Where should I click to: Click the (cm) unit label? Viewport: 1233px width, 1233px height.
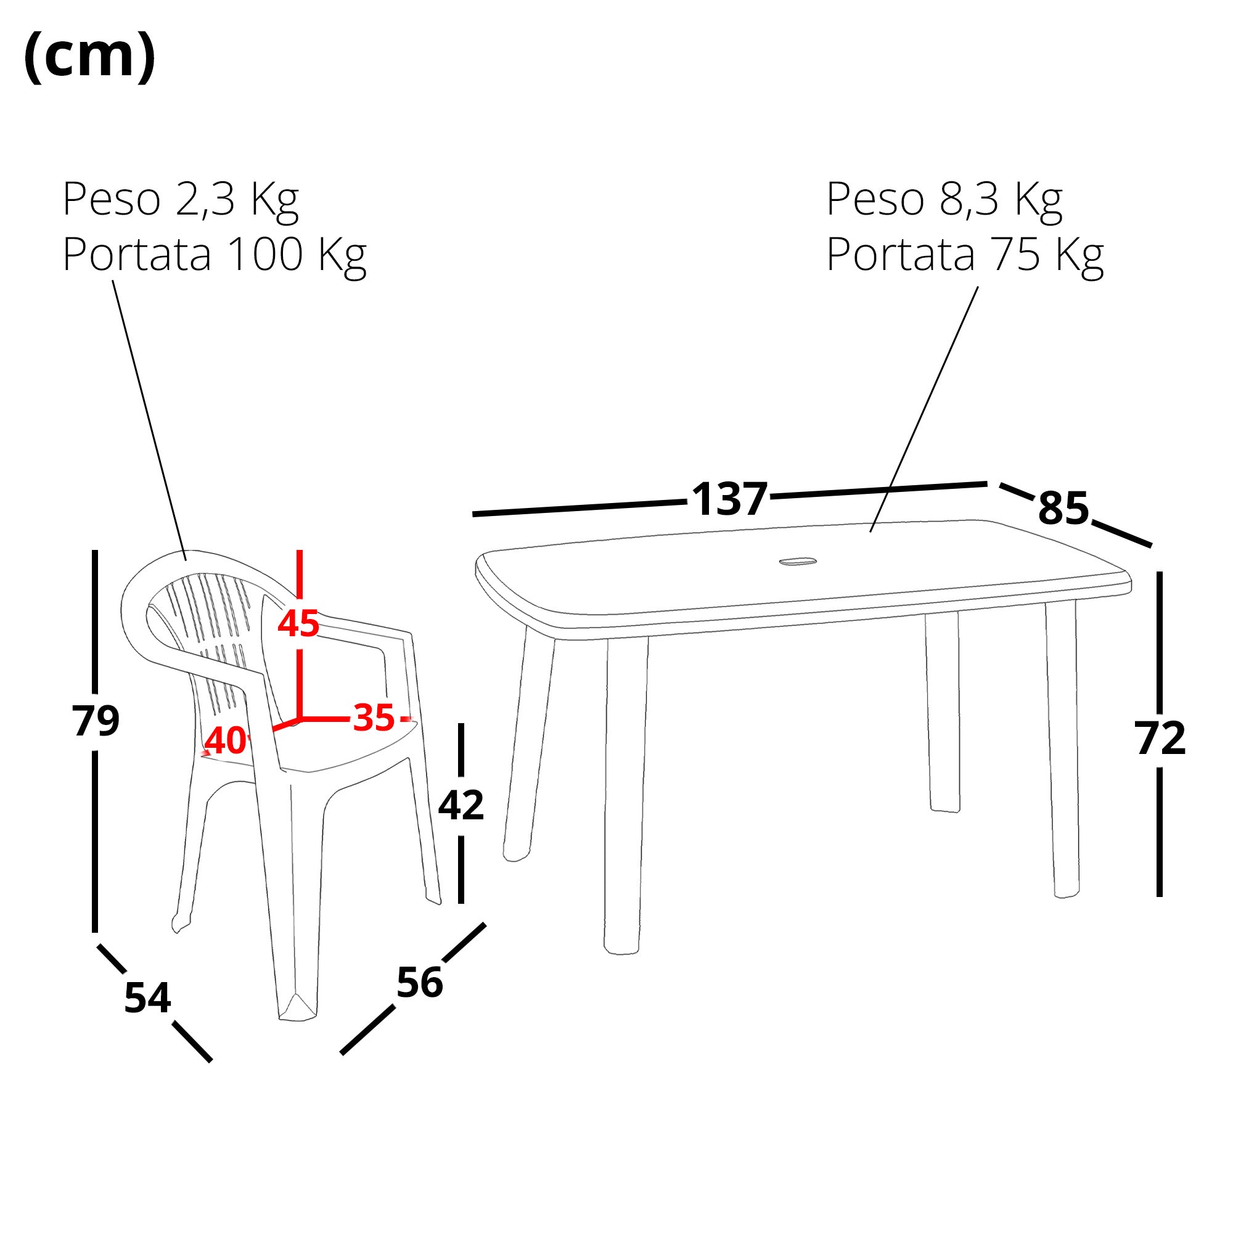[89, 56]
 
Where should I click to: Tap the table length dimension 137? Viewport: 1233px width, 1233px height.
[729, 499]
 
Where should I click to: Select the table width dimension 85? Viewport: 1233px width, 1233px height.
[1063, 509]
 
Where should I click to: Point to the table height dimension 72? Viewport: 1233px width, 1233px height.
[1160, 739]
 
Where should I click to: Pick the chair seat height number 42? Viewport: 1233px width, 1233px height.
[461, 805]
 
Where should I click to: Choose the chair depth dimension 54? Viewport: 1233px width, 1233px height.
[147, 998]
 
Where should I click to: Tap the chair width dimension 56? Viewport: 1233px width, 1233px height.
[419, 983]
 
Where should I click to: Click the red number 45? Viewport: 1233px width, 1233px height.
[298, 623]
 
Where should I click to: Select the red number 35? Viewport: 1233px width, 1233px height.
[374, 718]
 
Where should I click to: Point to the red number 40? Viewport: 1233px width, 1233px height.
[225, 740]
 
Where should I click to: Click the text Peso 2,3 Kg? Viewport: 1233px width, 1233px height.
[181, 200]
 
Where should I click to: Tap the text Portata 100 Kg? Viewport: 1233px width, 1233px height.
[215, 256]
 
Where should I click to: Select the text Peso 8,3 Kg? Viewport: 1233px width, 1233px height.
[944, 200]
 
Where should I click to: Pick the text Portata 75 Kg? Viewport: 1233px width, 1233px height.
[965, 256]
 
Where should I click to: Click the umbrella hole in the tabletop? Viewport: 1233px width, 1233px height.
[797, 562]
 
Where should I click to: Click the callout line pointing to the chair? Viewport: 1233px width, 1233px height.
[149, 420]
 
